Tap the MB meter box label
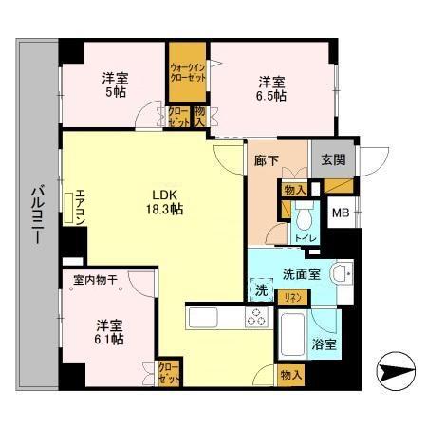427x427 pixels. pyautogui.click(x=339, y=213)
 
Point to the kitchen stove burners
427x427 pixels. pyautogui.click(x=256, y=318)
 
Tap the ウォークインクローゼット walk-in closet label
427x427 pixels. pyautogui.click(x=189, y=73)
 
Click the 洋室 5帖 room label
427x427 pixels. pyautogui.click(x=114, y=85)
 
